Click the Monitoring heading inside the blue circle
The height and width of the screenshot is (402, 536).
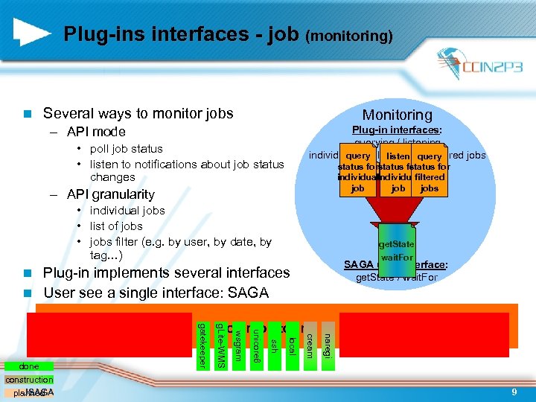tap(397, 115)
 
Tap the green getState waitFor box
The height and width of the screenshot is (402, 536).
tap(396, 249)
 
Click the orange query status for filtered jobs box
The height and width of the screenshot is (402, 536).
tap(430, 172)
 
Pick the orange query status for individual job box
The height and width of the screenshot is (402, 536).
tap(358, 172)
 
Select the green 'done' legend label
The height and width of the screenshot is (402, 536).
tap(31, 367)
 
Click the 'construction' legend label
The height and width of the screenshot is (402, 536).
tap(29, 380)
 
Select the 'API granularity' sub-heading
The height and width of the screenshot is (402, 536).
tap(110, 194)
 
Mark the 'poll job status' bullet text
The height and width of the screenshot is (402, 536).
tap(126, 149)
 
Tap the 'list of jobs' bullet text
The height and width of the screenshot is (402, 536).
tap(116, 226)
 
